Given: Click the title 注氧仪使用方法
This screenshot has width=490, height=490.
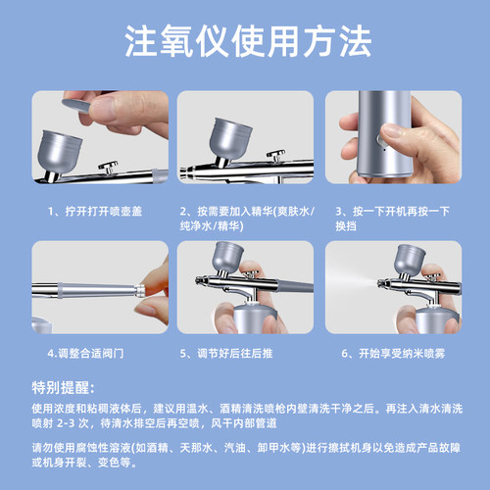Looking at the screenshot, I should (245, 42).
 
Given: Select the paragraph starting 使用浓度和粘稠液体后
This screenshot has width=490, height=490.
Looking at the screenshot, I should (245, 415).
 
